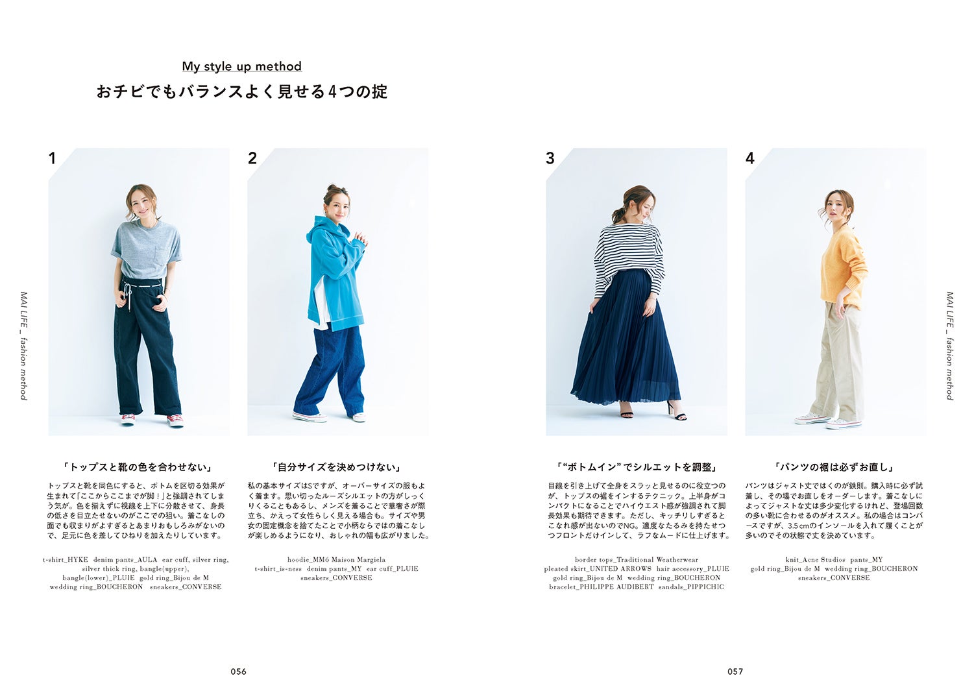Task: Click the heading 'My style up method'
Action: [241, 66]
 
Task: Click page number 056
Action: [239, 672]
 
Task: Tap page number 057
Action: [735, 672]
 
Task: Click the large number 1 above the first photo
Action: [53, 158]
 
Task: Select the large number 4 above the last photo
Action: [750, 158]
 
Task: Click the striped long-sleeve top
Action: [628, 253]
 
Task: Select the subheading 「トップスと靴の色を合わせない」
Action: [138, 467]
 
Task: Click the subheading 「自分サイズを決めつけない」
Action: [337, 467]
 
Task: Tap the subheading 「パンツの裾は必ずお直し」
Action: [834, 467]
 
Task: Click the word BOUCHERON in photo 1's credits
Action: [119, 587]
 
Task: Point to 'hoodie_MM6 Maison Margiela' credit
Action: [336, 559]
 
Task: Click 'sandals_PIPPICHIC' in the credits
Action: [691, 587]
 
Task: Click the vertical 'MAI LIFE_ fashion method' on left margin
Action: [24, 345]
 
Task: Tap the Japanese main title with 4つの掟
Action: [241, 92]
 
